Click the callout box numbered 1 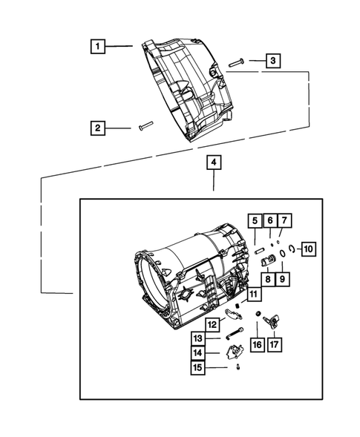pyautogui.click(x=97, y=47)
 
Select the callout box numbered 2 pyautogui.click(x=97, y=128)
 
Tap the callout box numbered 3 pyautogui.click(x=273, y=61)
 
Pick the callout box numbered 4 pyautogui.click(x=213, y=162)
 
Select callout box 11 pyautogui.click(x=253, y=295)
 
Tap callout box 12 pyautogui.click(x=212, y=324)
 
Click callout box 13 pyautogui.click(x=199, y=339)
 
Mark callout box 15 pyautogui.click(x=199, y=368)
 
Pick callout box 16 pyautogui.click(x=257, y=344)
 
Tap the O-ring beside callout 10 pyautogui.click(x=292, y=250)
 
